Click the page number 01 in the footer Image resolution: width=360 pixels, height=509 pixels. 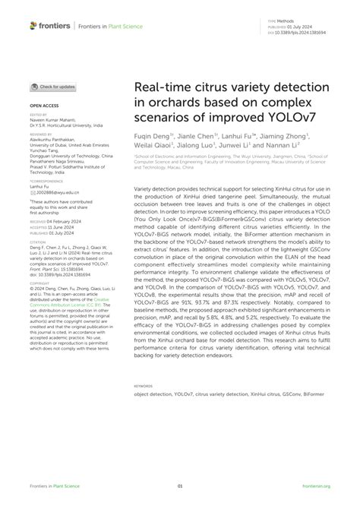point(180,485)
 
